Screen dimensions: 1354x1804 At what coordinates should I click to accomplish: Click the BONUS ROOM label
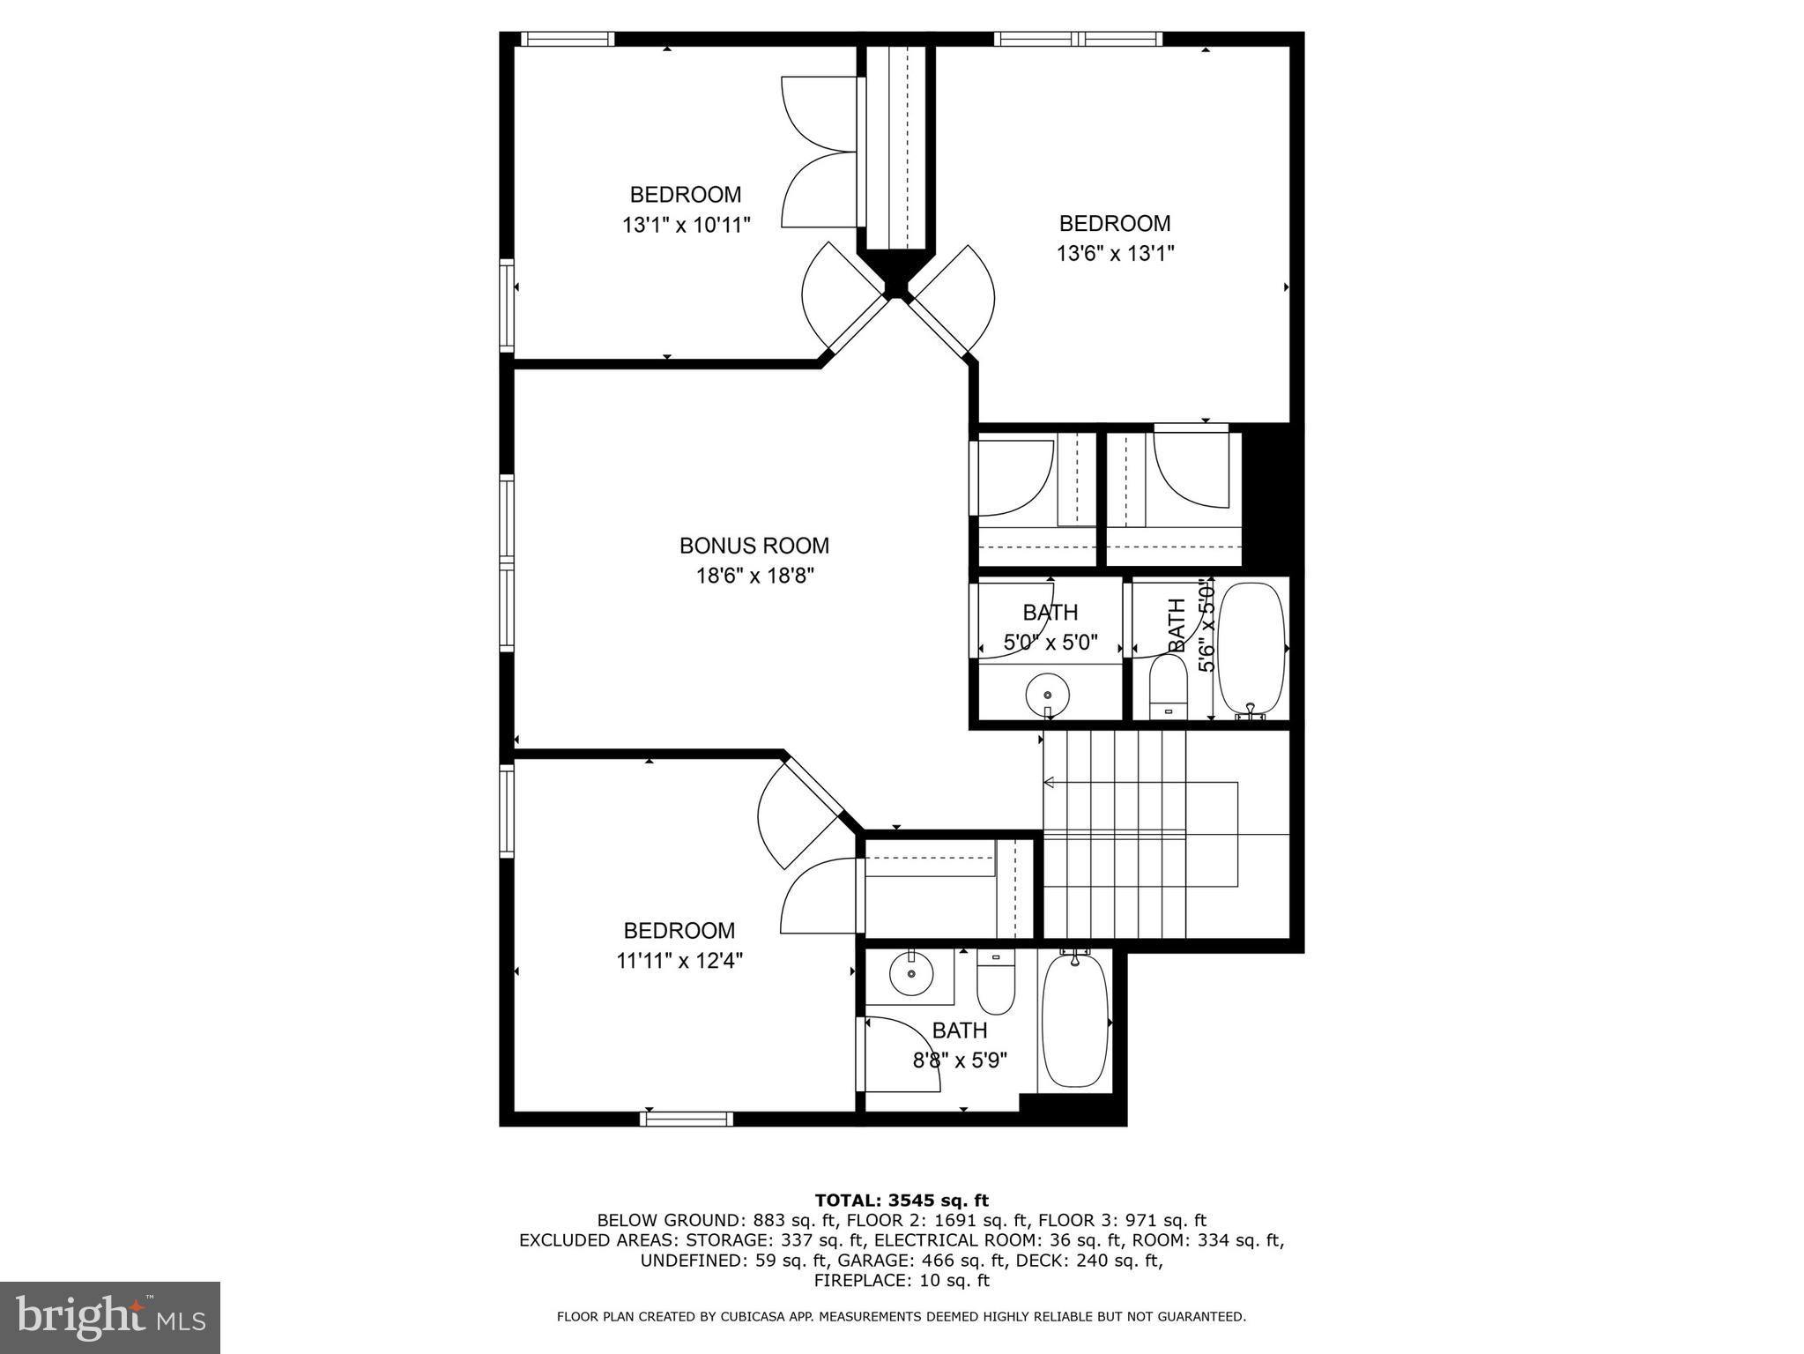click(x=754, y=546)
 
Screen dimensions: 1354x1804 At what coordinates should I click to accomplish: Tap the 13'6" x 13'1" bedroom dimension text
click(x=1115, y=254)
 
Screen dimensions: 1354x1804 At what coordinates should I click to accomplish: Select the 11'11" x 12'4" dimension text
click(x=679, y=961)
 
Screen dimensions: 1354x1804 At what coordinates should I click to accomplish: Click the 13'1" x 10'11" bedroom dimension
click(x=686, y=225)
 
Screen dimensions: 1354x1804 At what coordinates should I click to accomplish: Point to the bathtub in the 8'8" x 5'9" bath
click(x=1074, y=1023)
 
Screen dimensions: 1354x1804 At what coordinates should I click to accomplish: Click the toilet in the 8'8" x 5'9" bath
click(x=996, y=986)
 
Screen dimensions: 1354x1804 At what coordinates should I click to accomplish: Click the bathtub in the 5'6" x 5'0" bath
click(x=1251, y=648)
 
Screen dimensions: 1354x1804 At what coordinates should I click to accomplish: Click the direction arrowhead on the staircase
click(x=1049, y=782)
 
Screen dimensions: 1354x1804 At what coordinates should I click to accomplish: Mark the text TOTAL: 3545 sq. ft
click(x=901, y=1200)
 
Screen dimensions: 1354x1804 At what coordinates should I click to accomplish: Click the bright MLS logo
click(x=110, y=1318)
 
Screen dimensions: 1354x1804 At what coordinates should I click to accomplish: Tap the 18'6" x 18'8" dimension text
click(x=754, y=577)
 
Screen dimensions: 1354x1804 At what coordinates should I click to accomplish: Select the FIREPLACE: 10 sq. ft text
click(x=901, y=1281)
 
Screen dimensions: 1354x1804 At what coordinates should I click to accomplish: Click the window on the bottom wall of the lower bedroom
click(x=687, y=1119)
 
